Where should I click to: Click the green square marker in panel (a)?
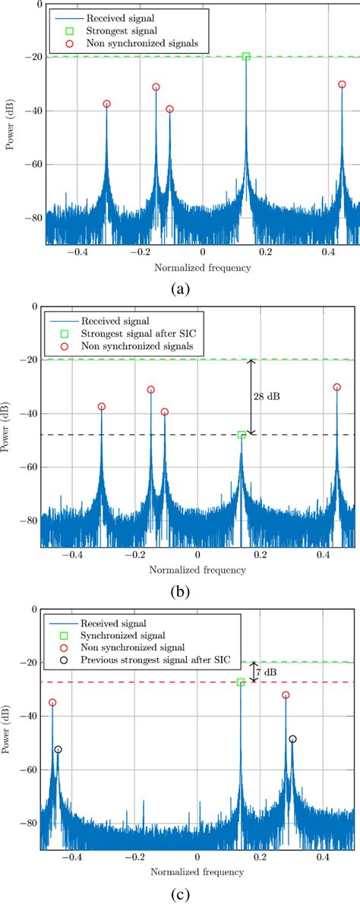coord(246,56)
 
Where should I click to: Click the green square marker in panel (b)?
coord(242,435)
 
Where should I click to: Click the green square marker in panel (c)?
coord(241,682)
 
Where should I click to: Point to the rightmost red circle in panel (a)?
coord(342,84)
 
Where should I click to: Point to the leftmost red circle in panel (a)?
coord(106,104)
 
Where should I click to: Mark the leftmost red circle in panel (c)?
coord(52,702)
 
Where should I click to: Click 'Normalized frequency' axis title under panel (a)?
coord(202,267)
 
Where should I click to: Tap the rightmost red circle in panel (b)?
coord(337,387)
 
